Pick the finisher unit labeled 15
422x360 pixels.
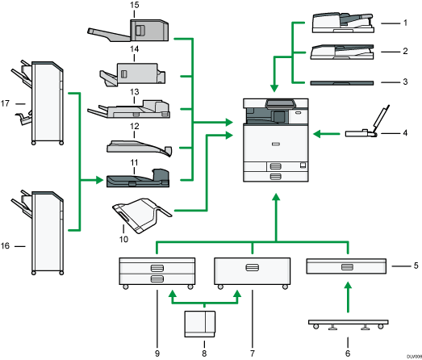pos(133,32)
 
